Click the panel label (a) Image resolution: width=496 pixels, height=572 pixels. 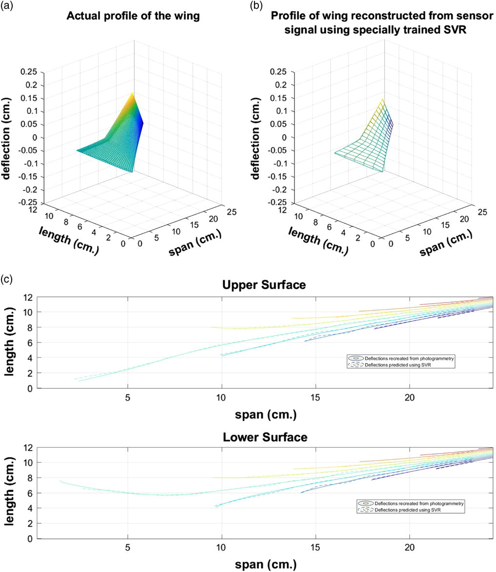click(9, 6)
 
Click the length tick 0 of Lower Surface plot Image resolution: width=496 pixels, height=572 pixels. click(30, 539)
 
